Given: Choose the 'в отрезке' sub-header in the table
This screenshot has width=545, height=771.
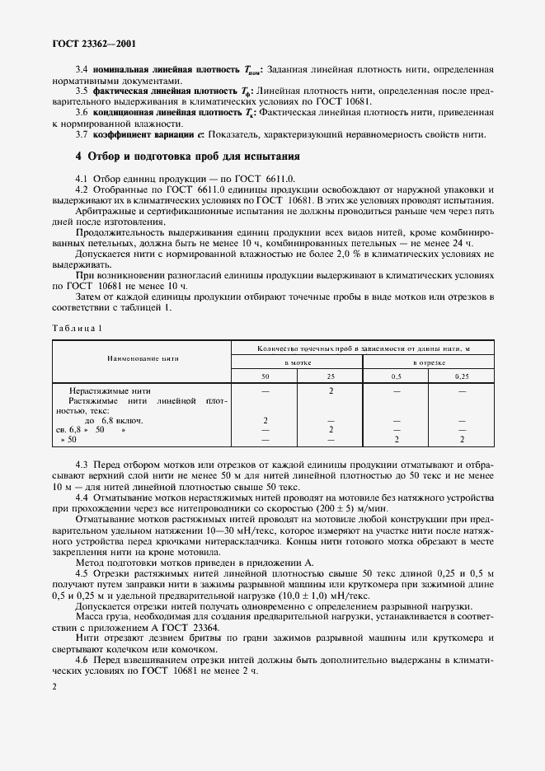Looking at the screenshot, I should pyautogui.click(x=429, y=362).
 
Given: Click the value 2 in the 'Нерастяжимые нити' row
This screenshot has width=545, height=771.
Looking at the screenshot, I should pyautogui.click(x=330, y=390).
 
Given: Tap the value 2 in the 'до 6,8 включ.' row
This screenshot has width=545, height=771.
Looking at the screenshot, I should pyautogui.click(x=265, y=420).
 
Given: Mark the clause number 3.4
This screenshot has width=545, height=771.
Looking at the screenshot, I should pyautogui.click(x=82, y=71).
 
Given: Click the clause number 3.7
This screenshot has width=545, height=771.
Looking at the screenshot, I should pyautogui.click(x=82, y=135).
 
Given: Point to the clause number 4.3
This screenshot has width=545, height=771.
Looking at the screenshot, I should pyautogui.click(x=82, y=467).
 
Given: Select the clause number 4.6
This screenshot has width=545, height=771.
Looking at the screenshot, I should pyautogui.click(x=82, y=661).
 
